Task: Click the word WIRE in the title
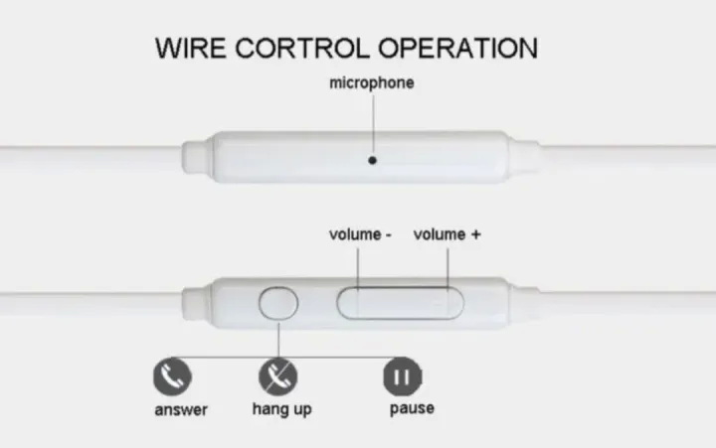190,48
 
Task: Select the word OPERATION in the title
458,48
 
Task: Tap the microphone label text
372,83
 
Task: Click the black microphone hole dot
373,160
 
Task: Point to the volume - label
360,234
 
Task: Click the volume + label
447,234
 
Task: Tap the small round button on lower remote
278,303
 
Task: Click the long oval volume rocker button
400,303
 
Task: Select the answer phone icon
172,376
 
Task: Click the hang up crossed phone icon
278,376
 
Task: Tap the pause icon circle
403,376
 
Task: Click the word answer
181,409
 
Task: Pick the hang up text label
282,409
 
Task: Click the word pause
412,408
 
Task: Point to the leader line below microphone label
373,125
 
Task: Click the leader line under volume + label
447,269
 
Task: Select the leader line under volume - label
358,269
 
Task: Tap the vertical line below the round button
278,340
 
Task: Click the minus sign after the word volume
389,235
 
